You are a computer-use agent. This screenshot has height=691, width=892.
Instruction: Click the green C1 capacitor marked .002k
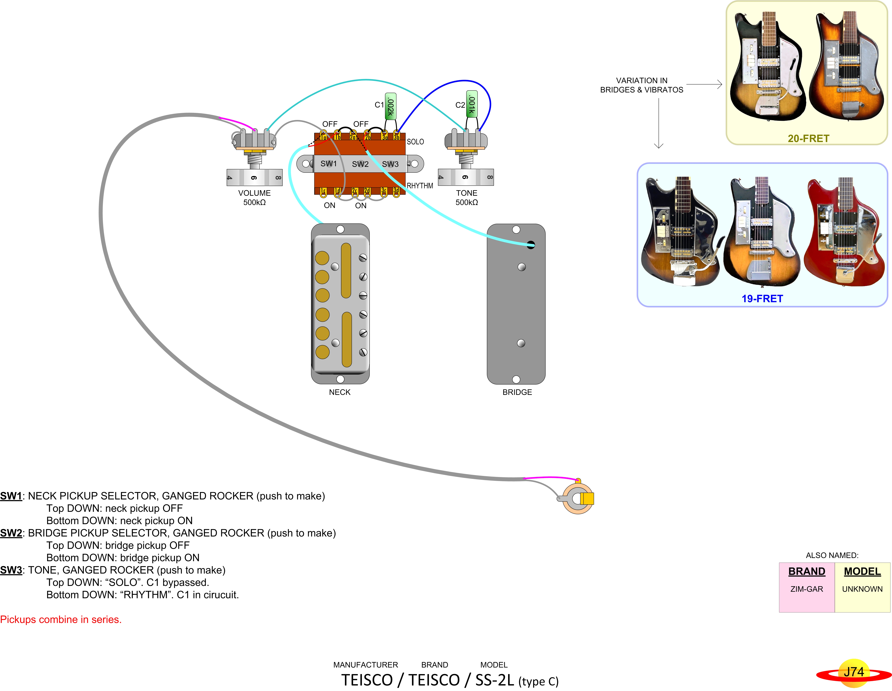pos(390,106)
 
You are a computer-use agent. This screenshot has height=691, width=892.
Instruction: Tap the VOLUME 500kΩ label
pos(255,198)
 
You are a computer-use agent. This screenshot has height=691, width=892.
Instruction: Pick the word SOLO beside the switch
pos(415,142)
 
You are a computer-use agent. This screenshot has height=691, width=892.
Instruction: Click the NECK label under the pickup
pos(340,392)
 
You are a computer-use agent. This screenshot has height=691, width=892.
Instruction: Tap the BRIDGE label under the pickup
pos(517,392)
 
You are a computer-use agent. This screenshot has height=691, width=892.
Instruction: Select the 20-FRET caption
pos(808,138)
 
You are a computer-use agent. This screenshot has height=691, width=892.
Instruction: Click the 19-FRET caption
pos(762,299)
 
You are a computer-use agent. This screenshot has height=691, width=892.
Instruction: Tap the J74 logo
pos(854,673)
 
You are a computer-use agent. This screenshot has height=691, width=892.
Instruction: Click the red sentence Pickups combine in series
pos(61,620)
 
